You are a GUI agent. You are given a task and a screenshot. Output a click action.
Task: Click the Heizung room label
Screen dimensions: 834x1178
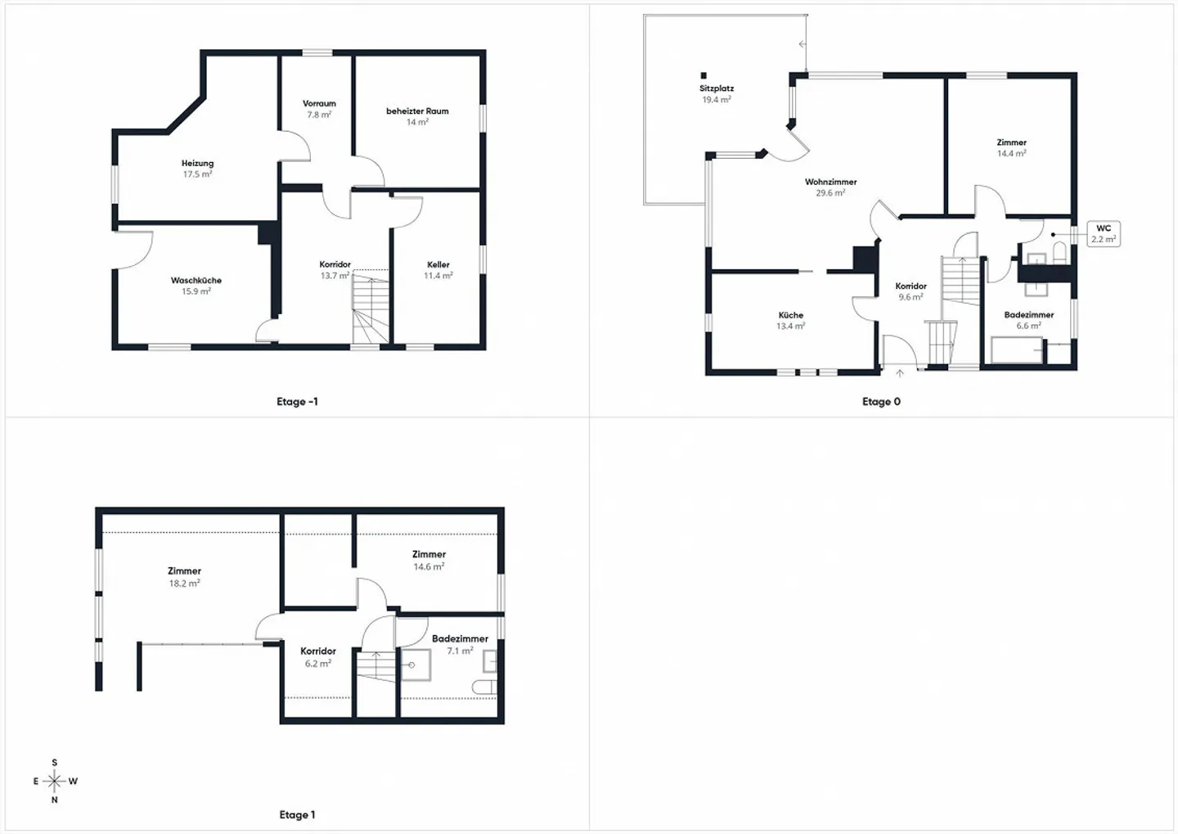pos(197,168)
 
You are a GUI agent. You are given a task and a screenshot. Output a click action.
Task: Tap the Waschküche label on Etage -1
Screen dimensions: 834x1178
pos(196,285)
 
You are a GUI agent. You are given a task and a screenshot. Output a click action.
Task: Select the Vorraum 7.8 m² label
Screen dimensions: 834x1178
pos(319,109)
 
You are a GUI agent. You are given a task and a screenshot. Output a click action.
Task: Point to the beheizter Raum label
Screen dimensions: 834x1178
pos(417,115)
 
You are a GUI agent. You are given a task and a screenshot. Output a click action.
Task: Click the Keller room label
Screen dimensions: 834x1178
pos(438,269)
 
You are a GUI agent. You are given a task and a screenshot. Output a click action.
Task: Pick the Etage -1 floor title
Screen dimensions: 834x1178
pos(297,401)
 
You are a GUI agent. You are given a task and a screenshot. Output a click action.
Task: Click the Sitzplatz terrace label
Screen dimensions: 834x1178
pos(717,93)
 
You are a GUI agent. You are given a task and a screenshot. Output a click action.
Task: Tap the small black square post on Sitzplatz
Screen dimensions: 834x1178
pos(704,75)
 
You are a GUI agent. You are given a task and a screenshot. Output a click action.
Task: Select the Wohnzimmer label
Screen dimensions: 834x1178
pos(830,187)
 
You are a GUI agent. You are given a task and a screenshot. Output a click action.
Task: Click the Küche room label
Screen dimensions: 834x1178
pos(790,320)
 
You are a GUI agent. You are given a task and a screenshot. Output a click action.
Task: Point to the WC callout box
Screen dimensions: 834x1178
pos(1103,233)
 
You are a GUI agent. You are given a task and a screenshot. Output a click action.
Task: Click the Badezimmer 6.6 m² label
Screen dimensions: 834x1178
pos(1028,319)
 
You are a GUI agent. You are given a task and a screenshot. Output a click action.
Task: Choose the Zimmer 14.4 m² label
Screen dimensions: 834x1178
pos(1011,147)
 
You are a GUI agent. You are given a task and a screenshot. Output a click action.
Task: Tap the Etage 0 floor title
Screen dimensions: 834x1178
pos(881,401)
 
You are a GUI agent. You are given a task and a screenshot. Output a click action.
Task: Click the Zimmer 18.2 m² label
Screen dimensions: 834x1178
pos(184,576)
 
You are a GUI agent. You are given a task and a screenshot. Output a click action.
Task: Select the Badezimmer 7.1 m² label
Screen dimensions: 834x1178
pos(460,644)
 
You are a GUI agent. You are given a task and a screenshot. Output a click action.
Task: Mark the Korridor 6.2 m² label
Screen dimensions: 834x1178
pos(318,656)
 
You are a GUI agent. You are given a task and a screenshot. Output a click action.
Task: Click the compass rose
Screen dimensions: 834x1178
pos(55,781)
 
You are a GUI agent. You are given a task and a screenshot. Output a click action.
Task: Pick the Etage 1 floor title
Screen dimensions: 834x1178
pos(297,814)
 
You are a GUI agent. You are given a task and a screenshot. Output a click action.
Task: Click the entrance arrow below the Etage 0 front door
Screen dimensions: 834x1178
pos(900,374)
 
